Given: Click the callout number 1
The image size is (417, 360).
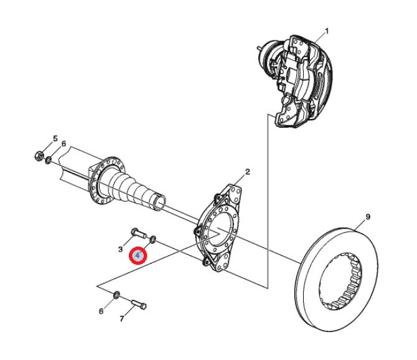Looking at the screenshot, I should coord(327,31).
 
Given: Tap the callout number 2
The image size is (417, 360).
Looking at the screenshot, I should coord(247,171).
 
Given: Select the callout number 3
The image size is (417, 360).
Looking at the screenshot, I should coord(121,249).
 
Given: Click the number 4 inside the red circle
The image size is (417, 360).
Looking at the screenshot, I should coord(137,256).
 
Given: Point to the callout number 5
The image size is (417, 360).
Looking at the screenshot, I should coord(55,138).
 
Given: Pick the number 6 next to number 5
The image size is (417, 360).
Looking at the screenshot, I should coord(64,144).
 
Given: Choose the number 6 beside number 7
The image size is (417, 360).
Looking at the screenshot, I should coord(101,311).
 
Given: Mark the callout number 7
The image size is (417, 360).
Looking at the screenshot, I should coord(122,319).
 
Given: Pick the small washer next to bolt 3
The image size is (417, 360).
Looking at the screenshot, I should coord(154,240).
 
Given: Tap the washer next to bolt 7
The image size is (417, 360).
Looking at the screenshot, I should coord(118,293).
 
